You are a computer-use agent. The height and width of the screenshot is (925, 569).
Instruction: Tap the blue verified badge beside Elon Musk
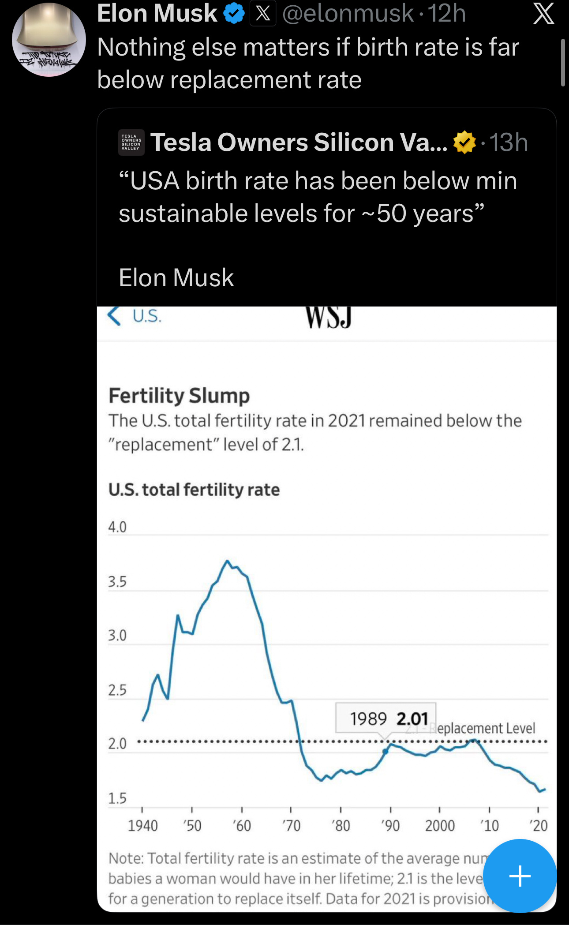[x=234, y=13]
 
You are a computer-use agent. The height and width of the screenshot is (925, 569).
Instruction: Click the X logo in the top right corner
[x=543, y=14]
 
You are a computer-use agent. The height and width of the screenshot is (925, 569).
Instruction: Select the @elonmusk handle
[x=348, y=13]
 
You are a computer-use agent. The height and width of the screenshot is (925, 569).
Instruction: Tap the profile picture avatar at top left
[x=49, y=40]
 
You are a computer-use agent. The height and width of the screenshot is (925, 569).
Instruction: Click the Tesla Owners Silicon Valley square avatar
[x=131, y=142]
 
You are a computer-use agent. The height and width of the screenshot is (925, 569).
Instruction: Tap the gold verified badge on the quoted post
[x=464, y=142]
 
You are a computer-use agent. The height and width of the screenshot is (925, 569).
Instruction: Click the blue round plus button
[x=520, y=876]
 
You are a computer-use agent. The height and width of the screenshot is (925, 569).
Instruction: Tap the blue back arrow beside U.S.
[x=114, y=316]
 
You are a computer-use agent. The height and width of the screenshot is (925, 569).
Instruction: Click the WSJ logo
[x=329, y=317]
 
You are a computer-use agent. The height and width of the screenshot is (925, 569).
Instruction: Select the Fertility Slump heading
[x=179, y=395]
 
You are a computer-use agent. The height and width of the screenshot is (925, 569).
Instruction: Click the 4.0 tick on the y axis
[x=117, y=527]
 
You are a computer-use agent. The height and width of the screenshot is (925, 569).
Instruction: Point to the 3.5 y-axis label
[x=117, y=581]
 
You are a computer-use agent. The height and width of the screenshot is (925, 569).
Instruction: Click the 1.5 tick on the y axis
[x=117, y=798]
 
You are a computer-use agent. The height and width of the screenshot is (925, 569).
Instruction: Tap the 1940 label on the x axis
[x=142, y=825]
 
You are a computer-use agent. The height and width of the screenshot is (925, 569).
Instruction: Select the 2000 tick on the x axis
[x=440, y=825]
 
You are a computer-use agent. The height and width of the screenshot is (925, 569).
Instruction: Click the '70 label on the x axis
[x=291, y=825]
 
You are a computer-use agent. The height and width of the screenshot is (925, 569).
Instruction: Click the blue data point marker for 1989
[x=385, y=751]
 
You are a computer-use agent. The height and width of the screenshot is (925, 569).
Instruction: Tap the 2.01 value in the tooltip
[x=412, y=719]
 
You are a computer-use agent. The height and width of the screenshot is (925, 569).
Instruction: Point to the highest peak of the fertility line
[x=227, y=561]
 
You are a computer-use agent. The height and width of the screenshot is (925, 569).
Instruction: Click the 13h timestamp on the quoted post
[x=509, y=142]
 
